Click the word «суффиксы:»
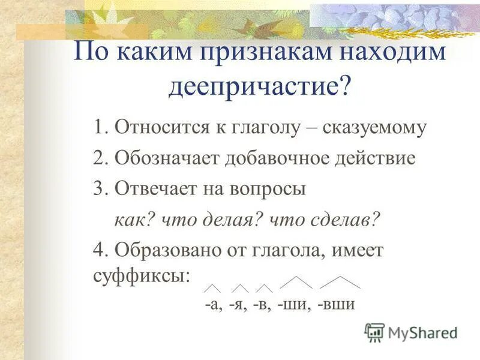pos(142,275)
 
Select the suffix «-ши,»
pos(295,304)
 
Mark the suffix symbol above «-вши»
pos(340,282)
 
